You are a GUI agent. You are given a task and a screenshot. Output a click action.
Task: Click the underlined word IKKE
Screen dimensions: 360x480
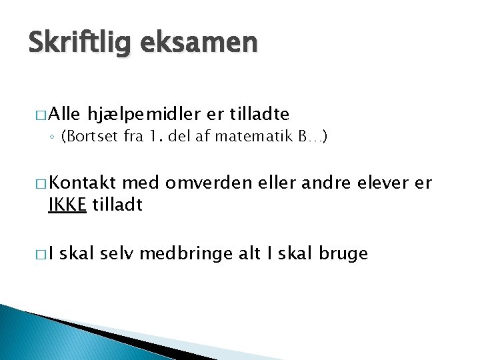pyautogui.click(x=67, y=205)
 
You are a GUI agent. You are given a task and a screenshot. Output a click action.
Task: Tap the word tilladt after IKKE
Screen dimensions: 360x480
pyautogui.click(x=117, y=205)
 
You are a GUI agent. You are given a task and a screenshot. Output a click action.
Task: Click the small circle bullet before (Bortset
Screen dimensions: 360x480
pyautogui.click(x=53, y=138)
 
